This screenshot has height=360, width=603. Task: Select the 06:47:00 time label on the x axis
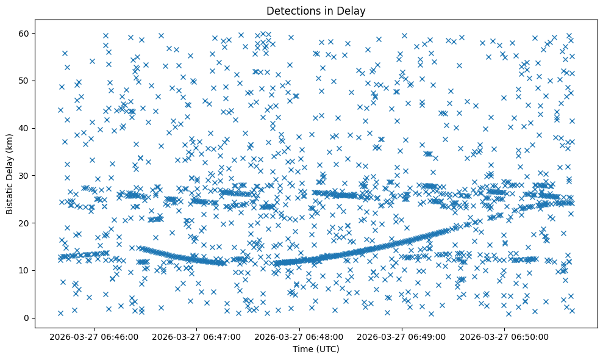198,336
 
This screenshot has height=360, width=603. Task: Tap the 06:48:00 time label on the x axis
300,336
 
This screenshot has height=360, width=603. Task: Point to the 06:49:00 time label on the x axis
402,336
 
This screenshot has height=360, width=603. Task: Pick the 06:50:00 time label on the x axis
505,336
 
